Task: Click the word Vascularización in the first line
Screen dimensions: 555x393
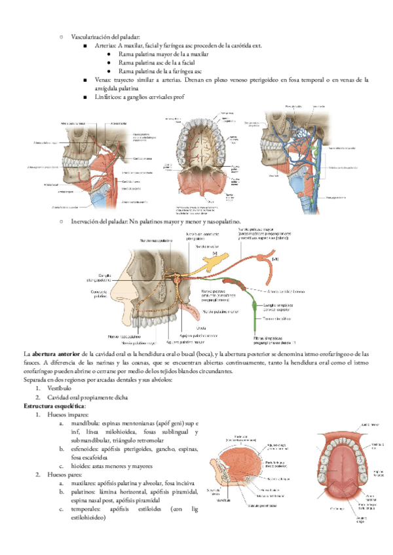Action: tap(89, 39)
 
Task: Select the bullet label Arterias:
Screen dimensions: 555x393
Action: tap(106, 46)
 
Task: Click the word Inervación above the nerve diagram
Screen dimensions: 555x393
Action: tap(84, 222)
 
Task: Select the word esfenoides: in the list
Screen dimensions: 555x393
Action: tap(86, 449)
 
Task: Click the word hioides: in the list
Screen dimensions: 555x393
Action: tap(81, 467)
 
